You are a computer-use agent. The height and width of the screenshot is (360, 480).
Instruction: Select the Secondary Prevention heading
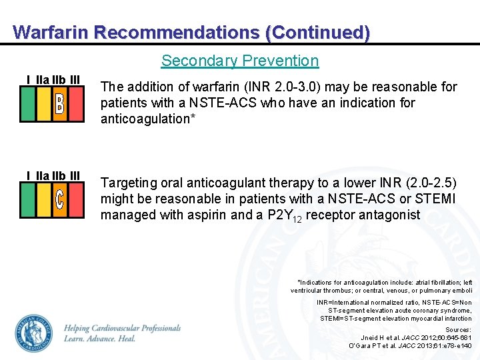tap(240, 61)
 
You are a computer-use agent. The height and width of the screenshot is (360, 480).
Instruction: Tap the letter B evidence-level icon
tap(59, 104)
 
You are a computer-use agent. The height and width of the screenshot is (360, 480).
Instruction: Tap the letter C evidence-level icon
tap(59, 200)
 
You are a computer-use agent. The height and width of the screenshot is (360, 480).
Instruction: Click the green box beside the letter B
tap(27, 104)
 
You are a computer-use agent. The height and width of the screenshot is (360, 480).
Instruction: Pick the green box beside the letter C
tap(27, 200)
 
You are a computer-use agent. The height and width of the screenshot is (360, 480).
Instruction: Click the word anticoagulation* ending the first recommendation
tap(142, 119)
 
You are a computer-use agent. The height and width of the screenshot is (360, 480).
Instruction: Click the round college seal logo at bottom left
tap(35, 333)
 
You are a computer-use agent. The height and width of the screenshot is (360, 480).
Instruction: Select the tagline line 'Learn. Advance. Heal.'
tap(100, 339)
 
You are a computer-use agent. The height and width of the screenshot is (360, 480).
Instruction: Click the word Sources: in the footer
tap(458, 329)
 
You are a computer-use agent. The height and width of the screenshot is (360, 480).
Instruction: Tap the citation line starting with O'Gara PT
tap(410, 345)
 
